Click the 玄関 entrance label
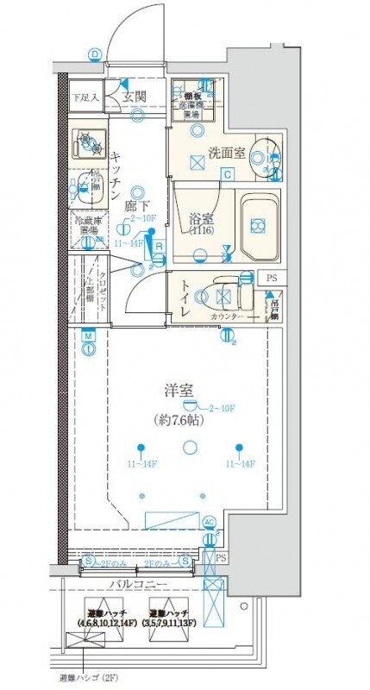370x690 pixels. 134,97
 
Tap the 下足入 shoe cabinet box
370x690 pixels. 85,97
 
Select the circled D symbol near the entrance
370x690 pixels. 94,54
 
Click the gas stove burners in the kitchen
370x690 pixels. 87,141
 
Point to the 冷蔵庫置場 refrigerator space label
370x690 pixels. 88,226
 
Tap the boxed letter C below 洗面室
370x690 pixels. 227,174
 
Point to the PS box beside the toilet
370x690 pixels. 272,278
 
